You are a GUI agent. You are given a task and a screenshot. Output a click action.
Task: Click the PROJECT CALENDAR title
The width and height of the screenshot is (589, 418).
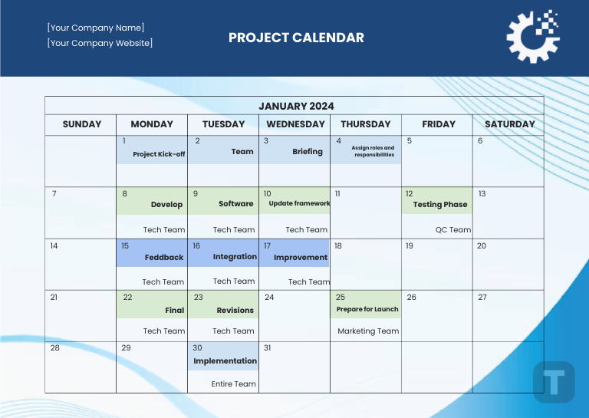click(296, 38)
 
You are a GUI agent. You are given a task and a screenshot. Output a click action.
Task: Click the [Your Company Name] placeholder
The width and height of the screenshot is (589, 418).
click(96, 28)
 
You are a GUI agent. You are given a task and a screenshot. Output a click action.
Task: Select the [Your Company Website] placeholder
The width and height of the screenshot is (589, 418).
click(100, 43)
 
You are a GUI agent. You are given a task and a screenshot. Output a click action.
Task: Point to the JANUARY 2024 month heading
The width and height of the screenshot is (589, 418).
click(296, 106)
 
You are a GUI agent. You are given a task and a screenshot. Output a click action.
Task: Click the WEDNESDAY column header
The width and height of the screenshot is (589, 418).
click(295, 123)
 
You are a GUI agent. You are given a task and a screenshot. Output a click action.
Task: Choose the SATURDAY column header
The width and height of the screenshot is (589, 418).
click(509, 123)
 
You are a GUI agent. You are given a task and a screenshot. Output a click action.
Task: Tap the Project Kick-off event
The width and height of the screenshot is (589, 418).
click(159, 154)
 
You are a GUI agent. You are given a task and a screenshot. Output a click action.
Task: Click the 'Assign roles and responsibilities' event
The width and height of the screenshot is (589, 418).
click(373, 151)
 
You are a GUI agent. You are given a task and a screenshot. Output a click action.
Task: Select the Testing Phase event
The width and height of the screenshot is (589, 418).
click(439, 205)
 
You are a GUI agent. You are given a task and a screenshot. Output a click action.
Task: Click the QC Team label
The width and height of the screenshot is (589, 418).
click(453, 229)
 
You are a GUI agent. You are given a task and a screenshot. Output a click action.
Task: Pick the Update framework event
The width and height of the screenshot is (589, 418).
click(299, 203)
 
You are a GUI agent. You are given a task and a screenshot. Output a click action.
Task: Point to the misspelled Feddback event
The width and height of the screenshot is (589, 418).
click(164, 258)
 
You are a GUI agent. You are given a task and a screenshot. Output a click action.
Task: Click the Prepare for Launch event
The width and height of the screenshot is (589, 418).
click(367, 309)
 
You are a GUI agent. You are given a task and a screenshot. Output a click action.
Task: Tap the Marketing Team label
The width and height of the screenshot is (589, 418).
click(368, 331)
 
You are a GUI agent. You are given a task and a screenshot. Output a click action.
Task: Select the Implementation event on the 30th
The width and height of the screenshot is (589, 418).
click(225, 360)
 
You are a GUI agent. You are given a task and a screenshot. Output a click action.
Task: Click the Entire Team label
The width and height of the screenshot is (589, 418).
click(233, 383)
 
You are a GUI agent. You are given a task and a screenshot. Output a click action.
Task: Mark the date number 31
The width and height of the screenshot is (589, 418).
click(268, 347)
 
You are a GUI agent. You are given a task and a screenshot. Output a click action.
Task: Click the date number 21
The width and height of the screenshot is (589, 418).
click(54, 297)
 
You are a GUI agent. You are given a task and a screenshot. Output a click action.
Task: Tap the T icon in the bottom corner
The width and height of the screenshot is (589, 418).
click(554, 381)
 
